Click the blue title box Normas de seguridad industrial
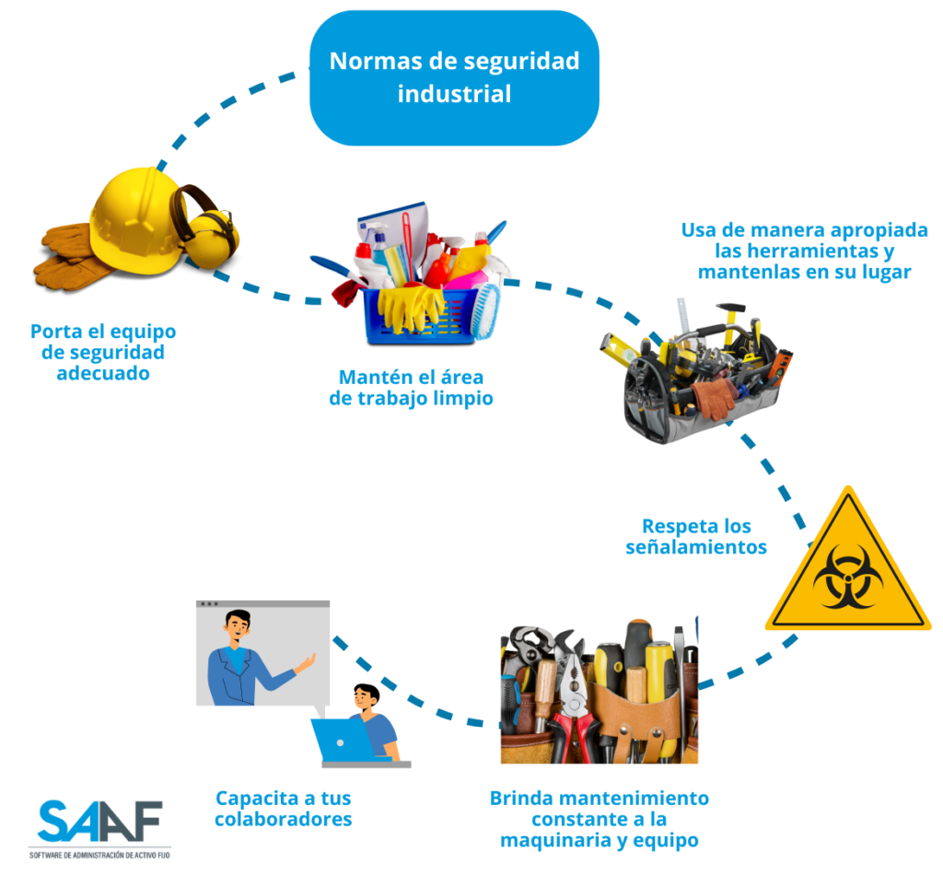454,77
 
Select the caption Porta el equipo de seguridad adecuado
103,352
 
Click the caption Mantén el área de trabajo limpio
411,388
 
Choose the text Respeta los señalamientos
696,536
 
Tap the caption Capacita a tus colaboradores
284,808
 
